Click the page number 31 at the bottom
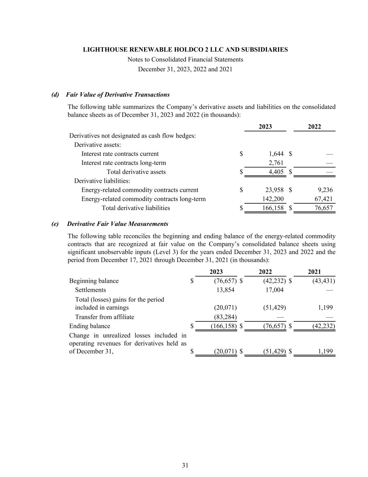click(x=185, y=465)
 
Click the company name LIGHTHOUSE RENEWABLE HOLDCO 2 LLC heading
click(x=185, y=50)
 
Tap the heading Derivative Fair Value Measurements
click(x=118, y=224)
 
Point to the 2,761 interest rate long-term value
click(x=276, y=163)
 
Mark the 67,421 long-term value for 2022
click(x=323, y=199)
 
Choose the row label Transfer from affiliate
click(x=105, y=317)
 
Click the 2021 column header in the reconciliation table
click(x=314, y=272)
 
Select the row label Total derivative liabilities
click(x=136, y=208)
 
